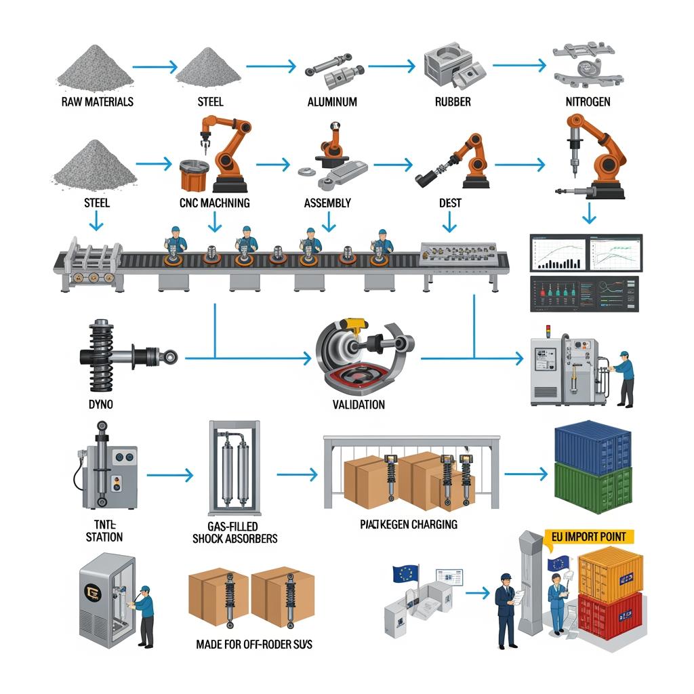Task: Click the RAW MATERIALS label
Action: pyautogui.click(x=97, y=102)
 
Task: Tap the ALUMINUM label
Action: pyautogui.click(x=332, y=102)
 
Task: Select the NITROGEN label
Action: pyautogui.click(x=587, y=102)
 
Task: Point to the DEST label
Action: pyautogui.click(x=450, y=203)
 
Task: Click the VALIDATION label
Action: pyautogui.click(x=359, y=405)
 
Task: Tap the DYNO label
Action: pyautogui.click(x=102, y=405)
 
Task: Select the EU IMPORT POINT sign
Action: pyautogui.click(x=589, y=537)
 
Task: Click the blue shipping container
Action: pyautogui.click(x=592, y=441)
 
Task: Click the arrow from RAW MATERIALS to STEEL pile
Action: pyautogui.click(x=155, y=66)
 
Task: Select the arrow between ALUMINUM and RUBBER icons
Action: pyautogui.click(x=390, y=66)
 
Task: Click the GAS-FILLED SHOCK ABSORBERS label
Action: pyautogui.click(x=234, y=533)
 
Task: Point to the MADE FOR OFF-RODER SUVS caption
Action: pyautogui.click(x=254, y=644)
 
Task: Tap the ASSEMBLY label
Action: pyautogui.click(x=327, y=203)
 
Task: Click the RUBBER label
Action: pyautogui.click(x=453, y=102)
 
